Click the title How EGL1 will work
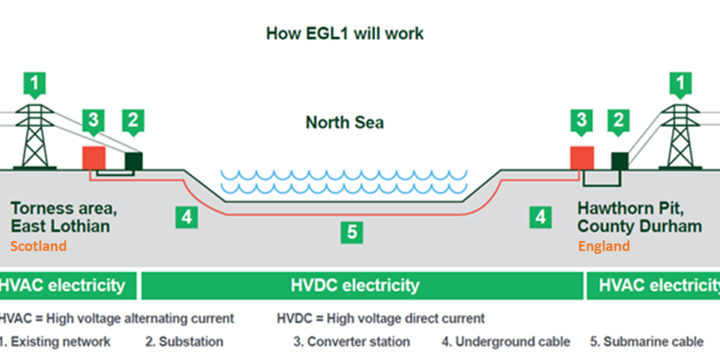click(x=344, y=34)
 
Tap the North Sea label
click(x=344, y=123)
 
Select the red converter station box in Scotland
click(x=94, y=155)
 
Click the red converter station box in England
click(x=582, y=155)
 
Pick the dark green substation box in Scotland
click(x=133, y=159)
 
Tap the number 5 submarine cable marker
click(x=351, y=232)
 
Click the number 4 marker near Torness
click(x=186, y=217)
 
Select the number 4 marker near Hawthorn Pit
click(x=542, y=216)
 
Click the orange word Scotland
click(x=38, y=246)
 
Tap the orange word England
click(x=603, y=246)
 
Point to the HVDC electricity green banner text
click(x=354, y=286)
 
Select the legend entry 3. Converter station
click(x=352, y=342)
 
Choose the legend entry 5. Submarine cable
click(x=646, y=342)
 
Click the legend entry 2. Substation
click(x=184, y=342)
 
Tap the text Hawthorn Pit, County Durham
click(x=639, y=218)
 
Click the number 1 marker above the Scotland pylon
click(x=34, y=82)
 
